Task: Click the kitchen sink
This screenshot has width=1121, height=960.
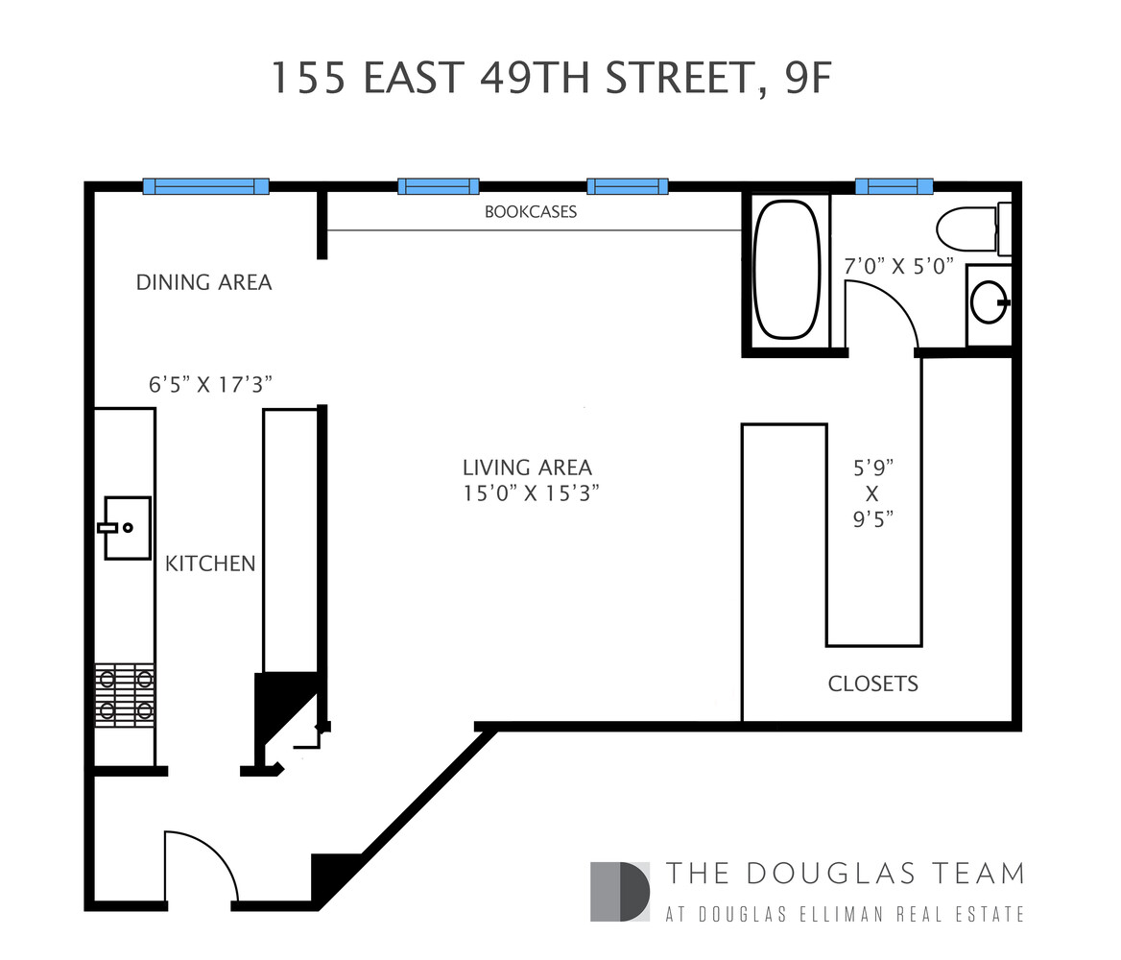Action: (x=127, y=527)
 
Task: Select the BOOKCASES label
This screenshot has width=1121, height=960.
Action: (x=531, y=212)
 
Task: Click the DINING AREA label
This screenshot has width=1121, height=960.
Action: (x=203, y=282)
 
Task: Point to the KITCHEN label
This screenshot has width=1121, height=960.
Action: (x=210, y=564)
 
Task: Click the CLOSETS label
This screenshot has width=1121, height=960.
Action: (x=872, y=684)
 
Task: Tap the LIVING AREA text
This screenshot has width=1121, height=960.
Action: (x=527, y=468)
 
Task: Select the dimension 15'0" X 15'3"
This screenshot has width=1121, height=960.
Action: (x=537, y=493)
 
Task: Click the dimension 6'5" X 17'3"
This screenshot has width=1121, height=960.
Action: (x=211, y=384)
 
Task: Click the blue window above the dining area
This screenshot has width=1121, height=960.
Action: (x=205, y=186)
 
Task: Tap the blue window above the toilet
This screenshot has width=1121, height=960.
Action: (x=894, y=186)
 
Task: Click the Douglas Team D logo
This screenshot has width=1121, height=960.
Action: (x=620, y=892)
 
